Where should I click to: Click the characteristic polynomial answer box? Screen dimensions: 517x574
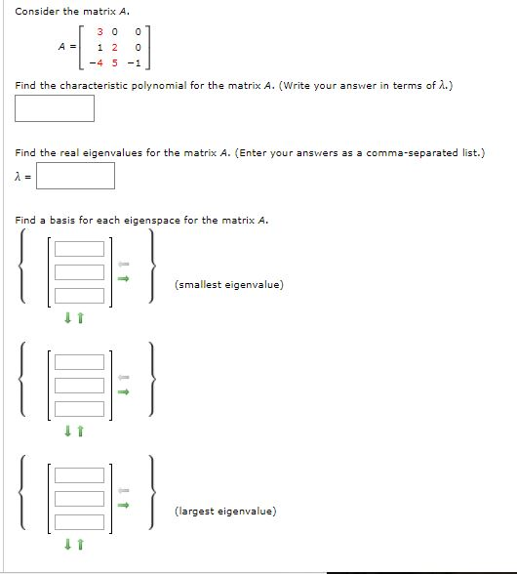[x=55, y=107]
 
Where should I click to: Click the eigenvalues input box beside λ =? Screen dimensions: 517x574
[x=76, y=176]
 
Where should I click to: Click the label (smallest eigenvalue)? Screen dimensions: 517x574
[x=229, y=285]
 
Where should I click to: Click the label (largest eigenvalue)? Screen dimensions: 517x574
[x=225, y=511]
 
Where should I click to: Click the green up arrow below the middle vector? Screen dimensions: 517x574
[x=84, y=430]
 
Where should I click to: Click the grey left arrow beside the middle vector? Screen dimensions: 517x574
[x=124, y=377]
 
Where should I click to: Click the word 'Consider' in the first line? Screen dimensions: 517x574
[x=36, y=11]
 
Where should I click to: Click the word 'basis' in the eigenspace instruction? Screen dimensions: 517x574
[x=71, y=220]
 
